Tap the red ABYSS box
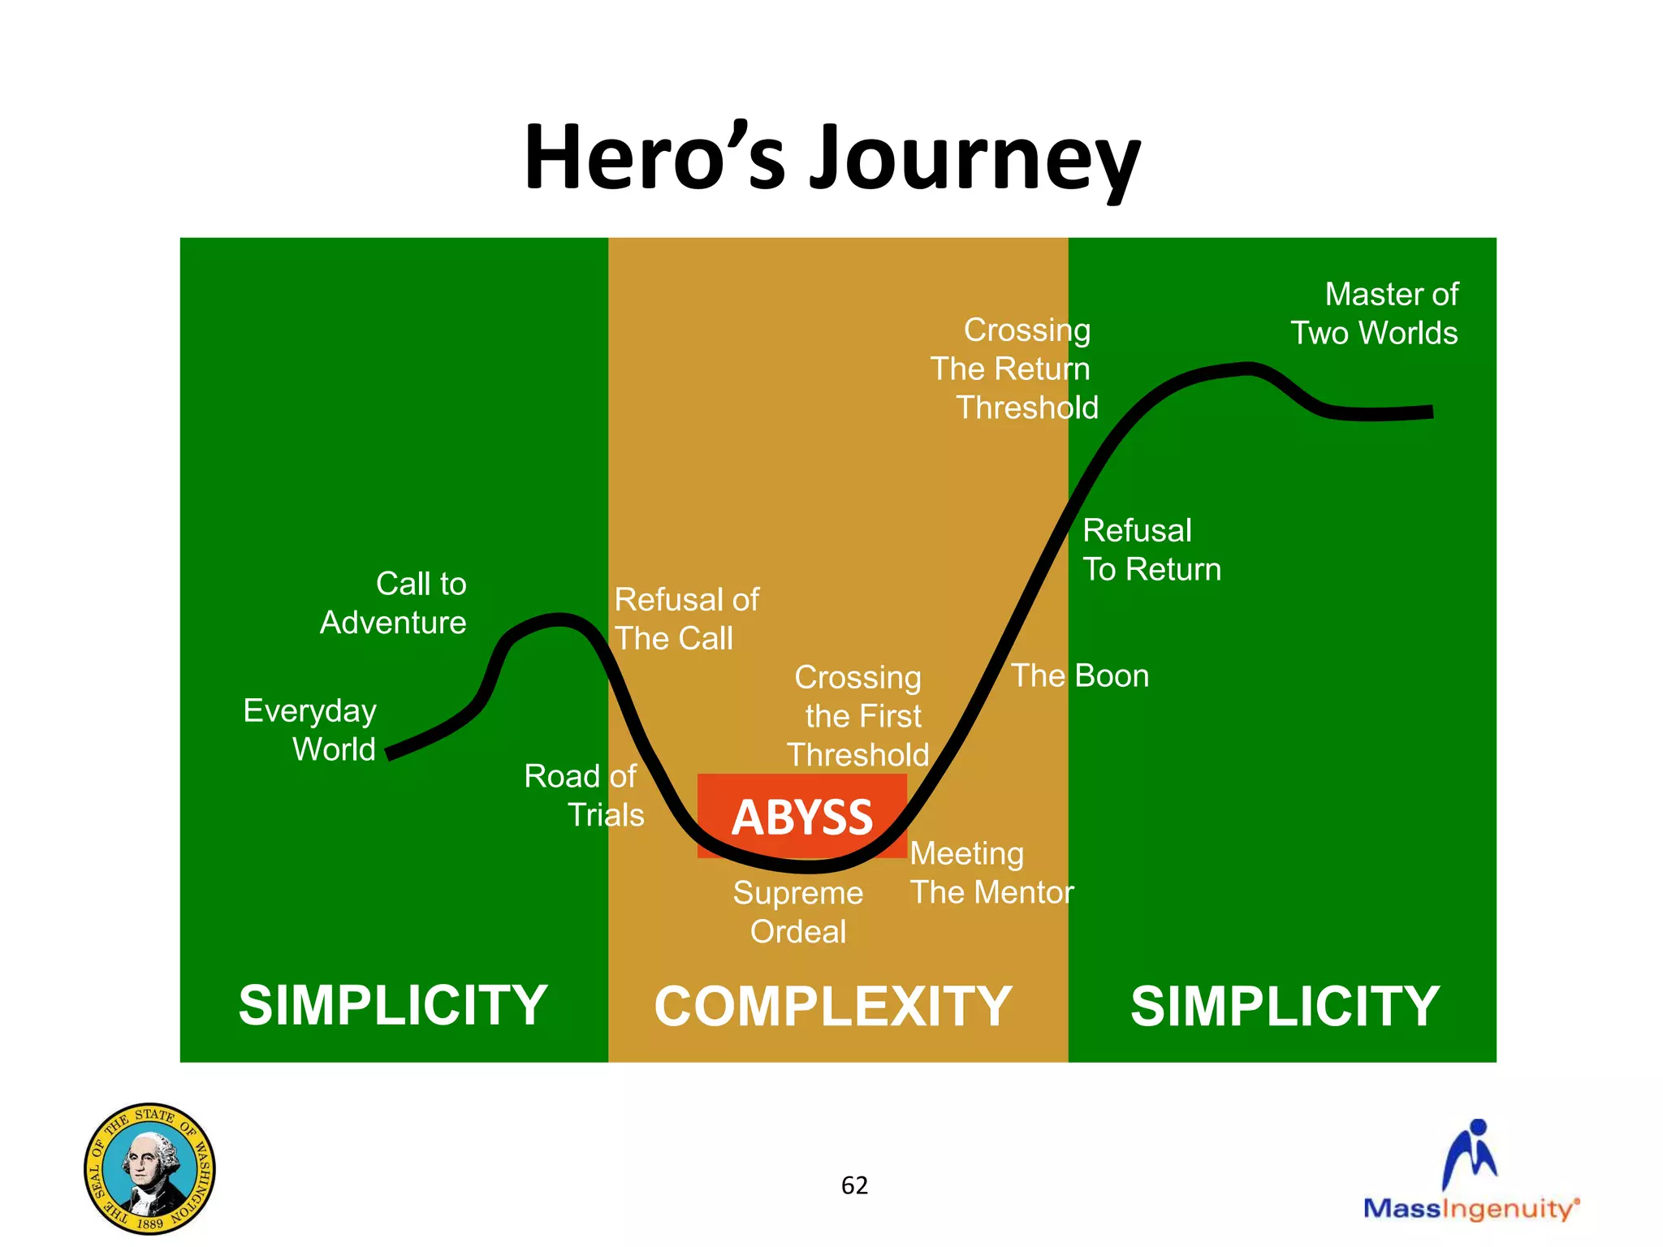coord(801,816)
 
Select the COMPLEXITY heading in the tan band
coord(832,1007)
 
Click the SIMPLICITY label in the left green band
coord(393,1005)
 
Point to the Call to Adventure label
coord(394,603)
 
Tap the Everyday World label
coord(311,730)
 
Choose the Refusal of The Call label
coord(685,619)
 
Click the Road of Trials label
coord(585,796)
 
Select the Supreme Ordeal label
coord(797,912)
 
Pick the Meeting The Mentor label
coord(991,873)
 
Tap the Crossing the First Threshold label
coord(859,716)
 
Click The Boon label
coord(1080,676)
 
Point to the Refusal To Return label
coord(1151,550)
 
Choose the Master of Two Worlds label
coord(1376,313)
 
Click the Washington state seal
coord(149,1168)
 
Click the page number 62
coord(854,1185)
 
